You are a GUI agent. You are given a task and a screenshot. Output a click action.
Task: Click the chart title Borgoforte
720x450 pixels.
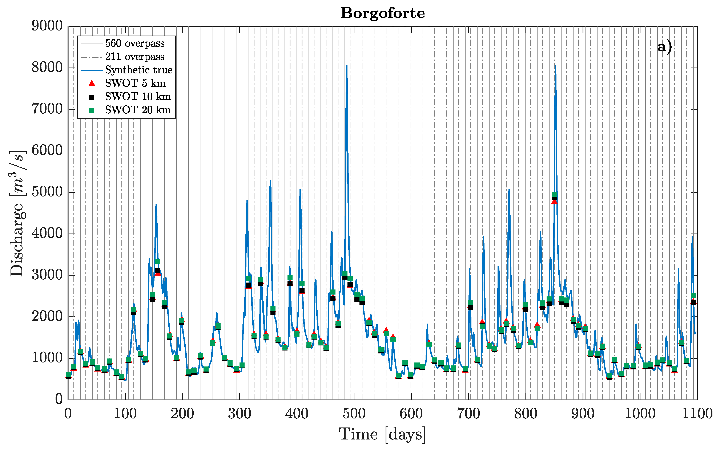[382, 13]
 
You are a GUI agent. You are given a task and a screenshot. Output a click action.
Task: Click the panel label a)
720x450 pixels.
[665, 47]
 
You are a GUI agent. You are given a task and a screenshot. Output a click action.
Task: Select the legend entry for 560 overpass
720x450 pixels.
[134, 44]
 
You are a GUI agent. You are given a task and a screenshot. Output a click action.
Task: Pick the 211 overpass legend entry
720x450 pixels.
[134, 57]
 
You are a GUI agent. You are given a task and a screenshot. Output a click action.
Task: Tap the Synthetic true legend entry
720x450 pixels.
[139, 70]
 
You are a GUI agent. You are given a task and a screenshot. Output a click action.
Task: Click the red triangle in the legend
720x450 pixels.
[92, 83]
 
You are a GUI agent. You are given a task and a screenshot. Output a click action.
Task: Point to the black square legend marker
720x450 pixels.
[92, 97]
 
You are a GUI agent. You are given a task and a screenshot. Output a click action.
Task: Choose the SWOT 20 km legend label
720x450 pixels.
[138, 110]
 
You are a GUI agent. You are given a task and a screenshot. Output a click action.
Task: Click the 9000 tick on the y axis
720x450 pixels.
[47, 26]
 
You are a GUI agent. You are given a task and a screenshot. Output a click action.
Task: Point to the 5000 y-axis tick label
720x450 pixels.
[47, 192]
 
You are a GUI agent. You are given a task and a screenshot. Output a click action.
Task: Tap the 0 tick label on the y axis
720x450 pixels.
[59, 399]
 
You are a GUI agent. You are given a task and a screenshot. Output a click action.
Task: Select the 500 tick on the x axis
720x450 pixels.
[354, 414]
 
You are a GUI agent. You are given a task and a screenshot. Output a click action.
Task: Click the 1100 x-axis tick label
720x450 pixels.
[697, 414]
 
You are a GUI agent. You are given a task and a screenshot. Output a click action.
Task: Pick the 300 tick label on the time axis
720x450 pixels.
[240, 414]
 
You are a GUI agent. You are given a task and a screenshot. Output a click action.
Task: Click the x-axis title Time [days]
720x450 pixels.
[382, 434]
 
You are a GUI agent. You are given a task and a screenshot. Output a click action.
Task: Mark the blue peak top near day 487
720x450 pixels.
[346, 65]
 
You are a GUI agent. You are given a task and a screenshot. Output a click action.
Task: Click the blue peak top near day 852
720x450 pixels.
[555, 65]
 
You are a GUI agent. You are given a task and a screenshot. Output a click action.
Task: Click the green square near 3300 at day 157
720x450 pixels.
[158, 261]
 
